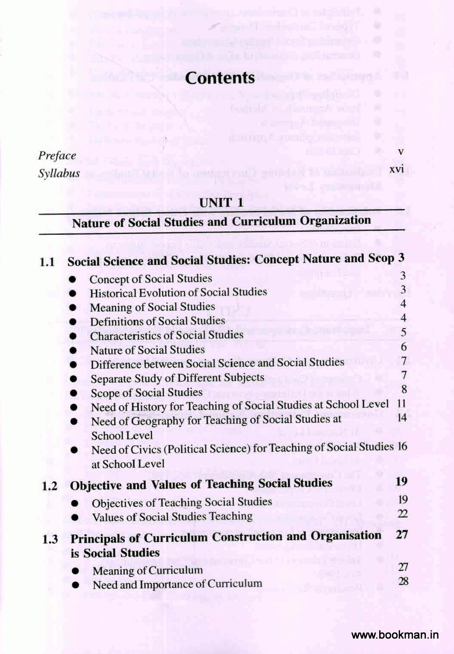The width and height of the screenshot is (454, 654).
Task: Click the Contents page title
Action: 220,78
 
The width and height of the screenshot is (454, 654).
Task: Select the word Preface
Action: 57,156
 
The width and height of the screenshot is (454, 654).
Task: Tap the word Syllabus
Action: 59,174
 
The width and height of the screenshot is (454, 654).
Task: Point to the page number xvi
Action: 396,169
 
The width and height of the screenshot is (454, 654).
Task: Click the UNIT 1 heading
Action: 221,202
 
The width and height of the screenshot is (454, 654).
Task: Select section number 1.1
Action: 47,262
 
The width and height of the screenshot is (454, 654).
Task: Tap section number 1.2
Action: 50,486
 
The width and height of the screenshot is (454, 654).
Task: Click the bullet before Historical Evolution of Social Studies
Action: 73,294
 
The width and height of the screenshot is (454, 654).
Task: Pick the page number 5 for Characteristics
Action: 403,332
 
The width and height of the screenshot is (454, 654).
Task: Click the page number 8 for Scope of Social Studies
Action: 404,389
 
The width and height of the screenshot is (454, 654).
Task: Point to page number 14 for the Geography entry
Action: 402,417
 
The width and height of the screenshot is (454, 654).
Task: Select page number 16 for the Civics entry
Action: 402,447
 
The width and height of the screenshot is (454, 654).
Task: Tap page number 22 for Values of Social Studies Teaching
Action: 402,514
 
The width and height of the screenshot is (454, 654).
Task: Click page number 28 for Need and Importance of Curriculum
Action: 403,581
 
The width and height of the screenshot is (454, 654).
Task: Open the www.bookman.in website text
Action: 395,635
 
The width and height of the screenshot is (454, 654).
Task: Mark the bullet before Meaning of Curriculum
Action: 75,571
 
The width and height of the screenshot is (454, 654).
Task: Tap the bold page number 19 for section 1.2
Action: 401,482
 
